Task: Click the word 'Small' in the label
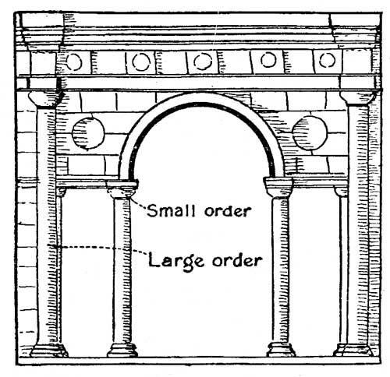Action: pyautogui.click(x=171, y=210)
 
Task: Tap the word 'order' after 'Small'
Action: pyautogui.click(x=228, y=211)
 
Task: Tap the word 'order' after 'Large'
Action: pyautogui.click(x=236, y=260)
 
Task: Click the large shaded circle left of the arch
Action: pyautogui.click(x=88, y=133)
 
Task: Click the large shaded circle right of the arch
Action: pyautogui.click(x=310, y=133)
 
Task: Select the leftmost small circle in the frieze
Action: pyautogui.click(x=74, y=62)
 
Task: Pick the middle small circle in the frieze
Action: pyautogui.click(x=203, y=62)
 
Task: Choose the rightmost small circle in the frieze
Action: pyautogui.click(x=327, y=60)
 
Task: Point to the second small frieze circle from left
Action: pyautogui.click(x=141, y=62)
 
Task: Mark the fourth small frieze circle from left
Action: pyautogui.click(x=268, y=60)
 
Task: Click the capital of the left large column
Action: pyautogui.click(x=46, y=99)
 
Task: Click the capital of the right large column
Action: pyautogui.click(x=358, y=97)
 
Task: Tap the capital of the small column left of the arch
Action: pyautogui.click(x=122, y=190)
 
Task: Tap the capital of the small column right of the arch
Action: pyautogui.click(x=278, y=187)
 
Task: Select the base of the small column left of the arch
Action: pyautogui.click(x=122, y=350)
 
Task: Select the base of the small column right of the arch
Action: pyautogui.click(x=281, y=350)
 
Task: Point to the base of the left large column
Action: pyautogui.click(x=48, y=351)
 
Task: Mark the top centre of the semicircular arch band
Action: pyautogui.click(x=203, y=98)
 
